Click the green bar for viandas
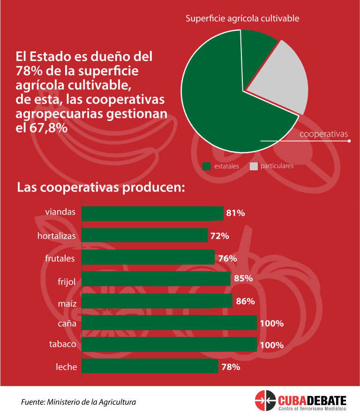click(x=152, y=213)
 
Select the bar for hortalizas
click(x=144, y=235)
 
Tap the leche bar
click(x=150, y=366)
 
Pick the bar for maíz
click(x=157, y=301)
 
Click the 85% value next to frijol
click(x=243, y=279)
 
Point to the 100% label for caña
click(x=272, y=323)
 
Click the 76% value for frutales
click(x=227, y=258)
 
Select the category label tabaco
click(x=62, y=345)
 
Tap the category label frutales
click(x=60, y=258)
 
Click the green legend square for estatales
click(x=206, y=166)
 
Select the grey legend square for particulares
click(x=254, y=166)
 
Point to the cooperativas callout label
click(x=323, y=134)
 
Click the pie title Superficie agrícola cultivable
click(x=242, y=19)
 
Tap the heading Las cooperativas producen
click(x=101, y=187)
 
